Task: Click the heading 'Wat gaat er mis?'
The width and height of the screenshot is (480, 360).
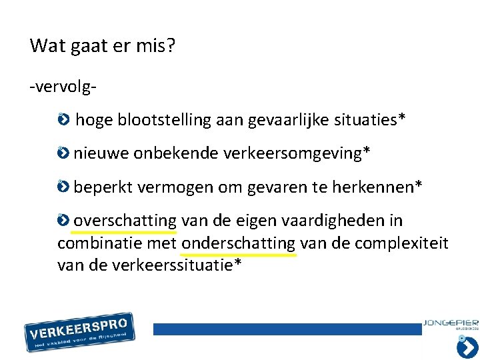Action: (x=103, y=47)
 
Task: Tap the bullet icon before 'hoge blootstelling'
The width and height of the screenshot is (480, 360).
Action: (x=63, y=121)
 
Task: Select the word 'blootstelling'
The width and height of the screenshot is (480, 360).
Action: (x=161, y=120)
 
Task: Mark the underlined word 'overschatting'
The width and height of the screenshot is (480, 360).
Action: (x=125, y=221)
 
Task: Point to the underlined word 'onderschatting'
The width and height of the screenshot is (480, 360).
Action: (x=238, y=243)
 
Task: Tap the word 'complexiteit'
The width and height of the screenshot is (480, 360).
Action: (x=401, y=243)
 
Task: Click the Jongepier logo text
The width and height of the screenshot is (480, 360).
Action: (x=450, y=324)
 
